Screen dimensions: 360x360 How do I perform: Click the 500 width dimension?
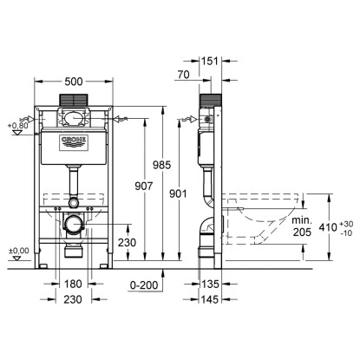coord(74,82)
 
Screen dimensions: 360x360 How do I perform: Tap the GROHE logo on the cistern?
coord(74,142)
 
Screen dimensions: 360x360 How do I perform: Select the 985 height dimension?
coord(162,165)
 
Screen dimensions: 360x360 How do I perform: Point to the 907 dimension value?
coord(144,187)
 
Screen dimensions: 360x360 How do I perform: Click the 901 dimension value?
coord(178,193)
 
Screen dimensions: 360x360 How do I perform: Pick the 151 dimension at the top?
coord(210,62)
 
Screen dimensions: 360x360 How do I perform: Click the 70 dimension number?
coord(183,75)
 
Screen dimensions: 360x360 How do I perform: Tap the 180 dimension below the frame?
coord(72,284)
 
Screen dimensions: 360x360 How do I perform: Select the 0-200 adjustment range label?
coord(144,285)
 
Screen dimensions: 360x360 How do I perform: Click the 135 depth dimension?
coord(210,284)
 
